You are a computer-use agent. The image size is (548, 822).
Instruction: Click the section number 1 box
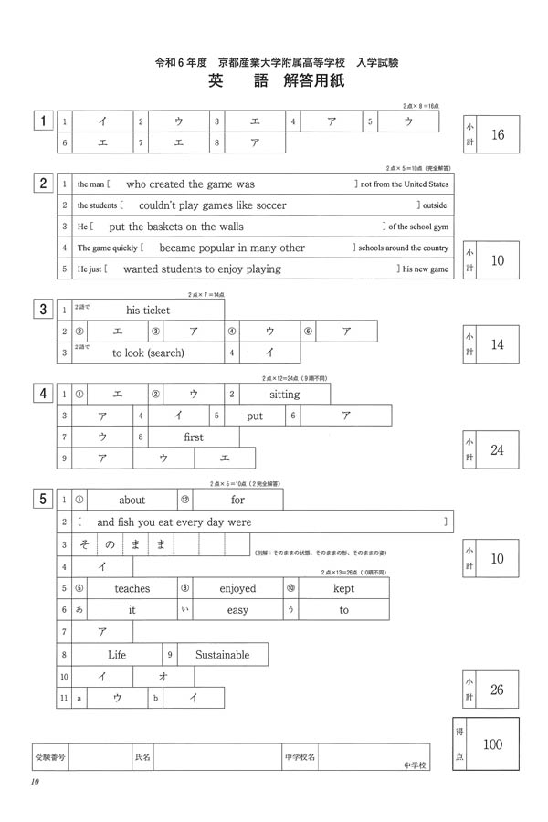(42, 121)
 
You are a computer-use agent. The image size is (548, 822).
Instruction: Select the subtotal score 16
(498, 135)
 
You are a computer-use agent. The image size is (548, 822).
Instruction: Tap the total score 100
(492, 744)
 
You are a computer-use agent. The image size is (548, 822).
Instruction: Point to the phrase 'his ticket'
(148, 311)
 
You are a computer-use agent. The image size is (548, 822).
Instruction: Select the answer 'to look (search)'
(148, 353)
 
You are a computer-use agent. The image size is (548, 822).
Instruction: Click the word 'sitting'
(284, 395)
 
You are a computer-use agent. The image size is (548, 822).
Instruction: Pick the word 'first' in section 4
(194, 437)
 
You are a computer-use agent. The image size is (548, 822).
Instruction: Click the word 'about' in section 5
(132, 500)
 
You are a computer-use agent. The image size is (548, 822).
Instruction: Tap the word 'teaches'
(132, 589)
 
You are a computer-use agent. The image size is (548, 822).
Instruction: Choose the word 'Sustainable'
(222, 655)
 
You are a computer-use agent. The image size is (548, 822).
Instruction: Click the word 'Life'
(117, 655)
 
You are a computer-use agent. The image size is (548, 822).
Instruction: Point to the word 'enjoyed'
(237, 589)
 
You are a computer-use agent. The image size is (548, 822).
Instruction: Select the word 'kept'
(343, 589)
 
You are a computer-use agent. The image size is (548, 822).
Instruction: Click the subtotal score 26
(498, 690)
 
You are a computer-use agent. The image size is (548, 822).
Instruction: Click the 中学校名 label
(300, 757)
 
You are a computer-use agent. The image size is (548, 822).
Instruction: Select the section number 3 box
(42, 309)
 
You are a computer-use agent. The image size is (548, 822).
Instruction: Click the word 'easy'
(237, 610)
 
